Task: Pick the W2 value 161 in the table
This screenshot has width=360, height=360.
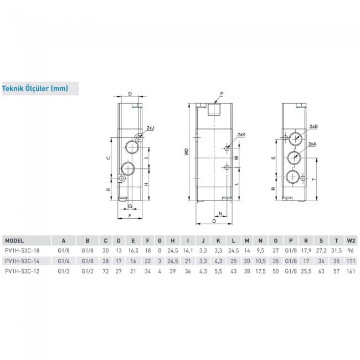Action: click(x=349, y=271)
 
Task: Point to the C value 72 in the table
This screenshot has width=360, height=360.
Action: click(x=106, y=271)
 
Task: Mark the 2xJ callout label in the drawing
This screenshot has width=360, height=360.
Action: click(x=150, y=127)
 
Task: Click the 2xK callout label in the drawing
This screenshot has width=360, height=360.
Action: click(x=241, y=135)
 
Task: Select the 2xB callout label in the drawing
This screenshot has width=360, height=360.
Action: click(x=313, y=126)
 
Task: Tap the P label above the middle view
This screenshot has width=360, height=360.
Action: click(x=221, y=93)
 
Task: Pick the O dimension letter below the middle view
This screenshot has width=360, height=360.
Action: click(x=214, y=220)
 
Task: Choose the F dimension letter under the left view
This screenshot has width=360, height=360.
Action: click(x=129, y=214)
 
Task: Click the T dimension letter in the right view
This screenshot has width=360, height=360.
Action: click(x=313, y=179)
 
